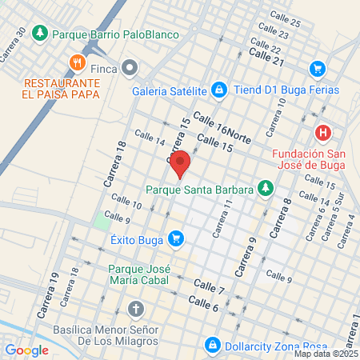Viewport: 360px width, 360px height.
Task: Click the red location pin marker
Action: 180,162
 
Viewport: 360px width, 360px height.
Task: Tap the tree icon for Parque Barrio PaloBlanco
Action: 42,34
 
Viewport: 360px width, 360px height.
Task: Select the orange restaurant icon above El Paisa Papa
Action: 77,62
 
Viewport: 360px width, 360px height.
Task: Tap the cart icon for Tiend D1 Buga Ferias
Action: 318,70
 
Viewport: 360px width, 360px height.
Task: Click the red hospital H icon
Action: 323,133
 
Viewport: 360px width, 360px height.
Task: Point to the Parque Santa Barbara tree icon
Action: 265,190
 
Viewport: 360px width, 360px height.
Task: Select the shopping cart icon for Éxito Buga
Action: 176,238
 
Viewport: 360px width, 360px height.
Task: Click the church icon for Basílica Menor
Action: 136,309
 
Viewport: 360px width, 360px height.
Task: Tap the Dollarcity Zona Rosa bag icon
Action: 213,345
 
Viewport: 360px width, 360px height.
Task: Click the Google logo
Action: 26,350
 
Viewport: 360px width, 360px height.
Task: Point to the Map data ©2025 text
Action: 325,354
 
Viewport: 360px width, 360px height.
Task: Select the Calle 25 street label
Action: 284,23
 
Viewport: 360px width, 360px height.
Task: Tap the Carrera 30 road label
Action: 15,47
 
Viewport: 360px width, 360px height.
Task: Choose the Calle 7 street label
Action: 209,286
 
